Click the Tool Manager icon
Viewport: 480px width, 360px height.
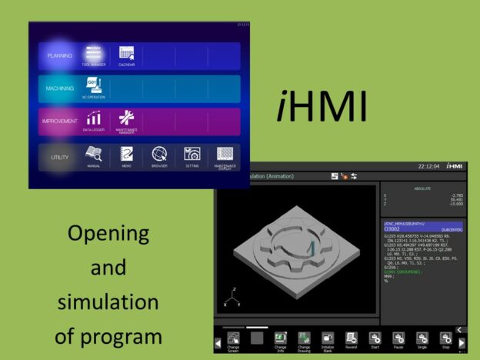(x=93, y=54)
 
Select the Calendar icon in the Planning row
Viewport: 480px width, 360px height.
(x=126, y=54)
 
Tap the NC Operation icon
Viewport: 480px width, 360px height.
(x=93, y=86)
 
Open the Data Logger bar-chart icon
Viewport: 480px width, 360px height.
(x=93, y=119)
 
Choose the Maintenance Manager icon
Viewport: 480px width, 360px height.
(x=126, y=119)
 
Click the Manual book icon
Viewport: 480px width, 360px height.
(x=93, y=153)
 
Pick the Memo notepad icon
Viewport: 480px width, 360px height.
(x=126, y=153)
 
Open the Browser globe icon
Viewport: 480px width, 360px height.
(x=159, y=153)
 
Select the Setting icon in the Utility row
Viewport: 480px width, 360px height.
(x=192, y=153)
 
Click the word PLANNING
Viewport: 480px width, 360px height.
(x=59, y=56)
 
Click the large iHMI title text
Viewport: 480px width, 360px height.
(x=322, y=108)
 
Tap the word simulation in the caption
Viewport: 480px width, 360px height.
(x=108, y=302)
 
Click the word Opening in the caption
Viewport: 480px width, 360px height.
(x=108, y=233)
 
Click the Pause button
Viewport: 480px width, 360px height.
(x=398, y=339)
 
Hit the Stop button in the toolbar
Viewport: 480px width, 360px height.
(x=445, y=339)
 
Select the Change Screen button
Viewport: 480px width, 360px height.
(x=233, y=341)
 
